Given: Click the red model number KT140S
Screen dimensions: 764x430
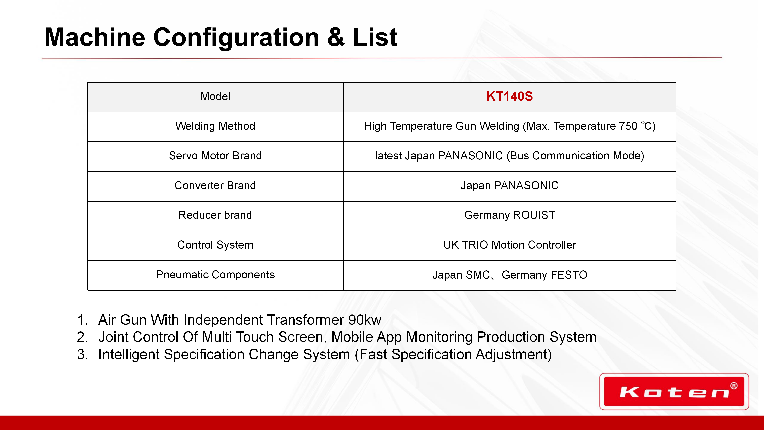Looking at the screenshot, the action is tap(510, 96).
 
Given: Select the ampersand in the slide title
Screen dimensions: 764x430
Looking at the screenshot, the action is tap(336, 37).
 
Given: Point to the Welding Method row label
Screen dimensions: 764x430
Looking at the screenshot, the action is tap(215, 126).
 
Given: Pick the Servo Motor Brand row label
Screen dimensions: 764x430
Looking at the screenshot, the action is tap(215, 156).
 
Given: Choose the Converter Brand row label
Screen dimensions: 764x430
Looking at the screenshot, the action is tap(215, 186).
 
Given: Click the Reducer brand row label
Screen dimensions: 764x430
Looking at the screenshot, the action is tap(215, 215).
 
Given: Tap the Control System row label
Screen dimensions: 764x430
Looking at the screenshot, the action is tap(215, 245).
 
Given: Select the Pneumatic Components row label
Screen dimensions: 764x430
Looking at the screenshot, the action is tap(215, 275).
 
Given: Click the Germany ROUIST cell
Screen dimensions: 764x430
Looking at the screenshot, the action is tap(510, 215).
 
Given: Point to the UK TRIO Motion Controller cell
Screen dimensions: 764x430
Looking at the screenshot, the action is tap(510, 245).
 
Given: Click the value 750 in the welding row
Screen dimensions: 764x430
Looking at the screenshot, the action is tap(628, 126).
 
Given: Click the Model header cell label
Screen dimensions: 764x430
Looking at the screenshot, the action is tap(215, 96).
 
